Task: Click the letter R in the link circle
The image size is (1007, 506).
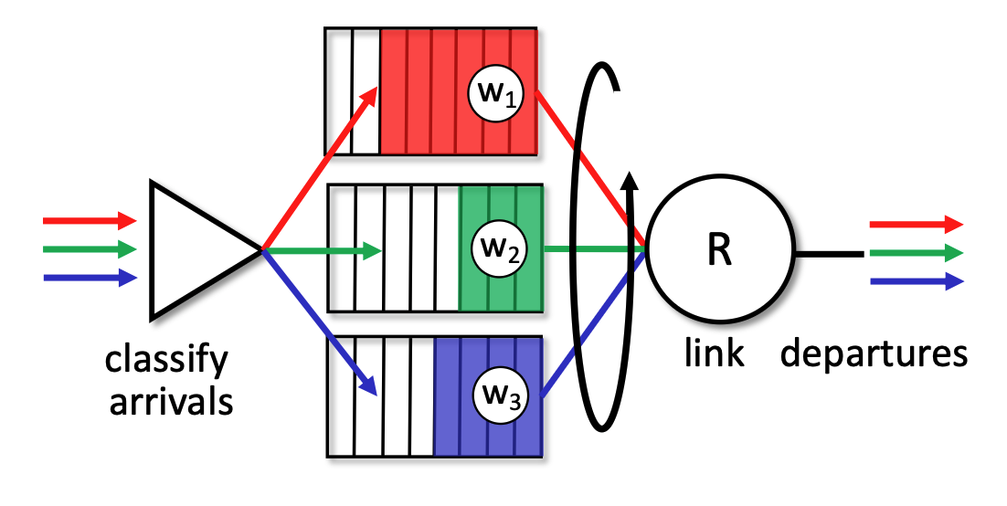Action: [720, 250]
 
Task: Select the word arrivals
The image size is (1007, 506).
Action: [171, 402]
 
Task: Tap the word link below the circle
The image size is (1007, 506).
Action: [715, 353]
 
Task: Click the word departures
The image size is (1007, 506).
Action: [874, 353]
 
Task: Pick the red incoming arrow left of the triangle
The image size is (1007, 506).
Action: [89, 220]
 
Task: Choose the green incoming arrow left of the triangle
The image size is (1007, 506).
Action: [89, 248]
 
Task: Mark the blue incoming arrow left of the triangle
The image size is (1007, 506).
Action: [89, 277]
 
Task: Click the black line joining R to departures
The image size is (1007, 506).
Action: [827, 252]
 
